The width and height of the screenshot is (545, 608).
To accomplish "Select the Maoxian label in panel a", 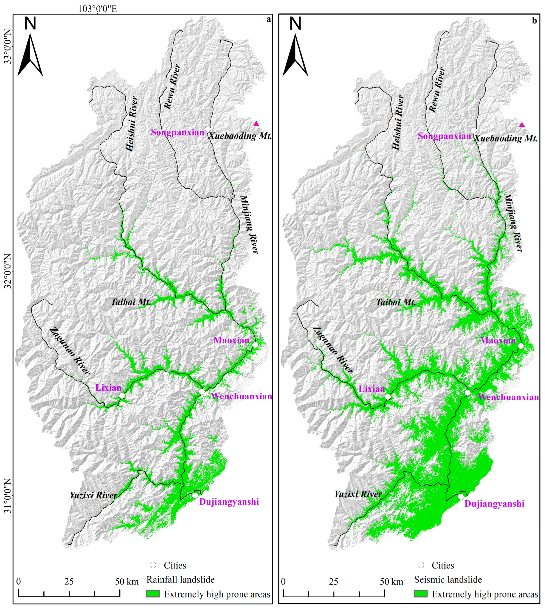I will [x=232, y=340].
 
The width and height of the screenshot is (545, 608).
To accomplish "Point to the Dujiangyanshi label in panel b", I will [x=494, y=504].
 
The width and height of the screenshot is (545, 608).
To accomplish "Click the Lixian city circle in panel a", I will [x=122, y=396].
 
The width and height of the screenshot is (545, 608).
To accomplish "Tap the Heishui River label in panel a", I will [x=132, y=124].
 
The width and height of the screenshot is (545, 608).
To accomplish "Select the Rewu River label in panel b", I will [x=437, y=90].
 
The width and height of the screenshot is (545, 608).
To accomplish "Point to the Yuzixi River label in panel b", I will [x=358, y=494].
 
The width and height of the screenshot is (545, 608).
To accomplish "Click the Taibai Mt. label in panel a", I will [x=131, y=302].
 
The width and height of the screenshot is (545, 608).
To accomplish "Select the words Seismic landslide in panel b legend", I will [x=448, y=579].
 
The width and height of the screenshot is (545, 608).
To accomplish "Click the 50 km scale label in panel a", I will [x=127, y=582].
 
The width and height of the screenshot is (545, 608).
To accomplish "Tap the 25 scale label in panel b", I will [x=334, y=582].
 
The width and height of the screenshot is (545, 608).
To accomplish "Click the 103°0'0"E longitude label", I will [x=97, y=9].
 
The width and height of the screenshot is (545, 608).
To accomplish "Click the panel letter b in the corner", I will [x=534, y=21].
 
